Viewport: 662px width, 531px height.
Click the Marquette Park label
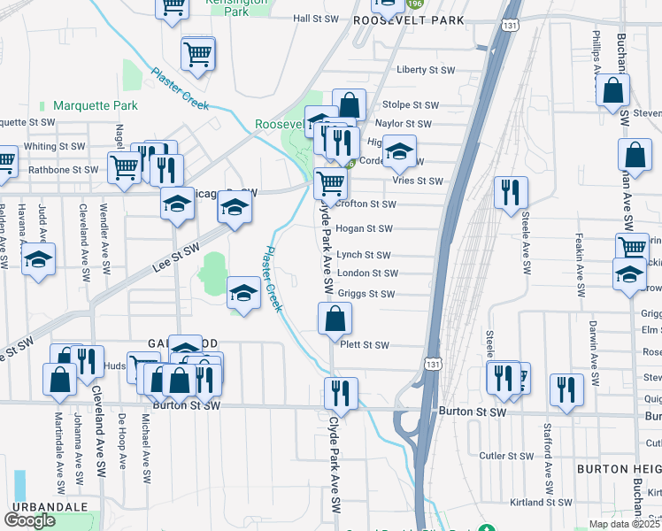tap(95, 105)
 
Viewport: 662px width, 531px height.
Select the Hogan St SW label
tap(364, 229)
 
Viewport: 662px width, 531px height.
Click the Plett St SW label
tap(364, 345)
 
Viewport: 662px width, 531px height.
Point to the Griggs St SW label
tap(366, 294)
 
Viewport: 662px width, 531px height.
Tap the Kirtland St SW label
tap(539, 502)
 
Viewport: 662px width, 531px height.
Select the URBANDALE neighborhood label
tap(50, 505)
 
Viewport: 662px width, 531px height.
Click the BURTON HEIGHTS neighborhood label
tap(619, 467)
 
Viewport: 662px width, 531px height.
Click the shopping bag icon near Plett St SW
tap(335, 320)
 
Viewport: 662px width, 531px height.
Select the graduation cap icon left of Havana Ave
tap(38, 260)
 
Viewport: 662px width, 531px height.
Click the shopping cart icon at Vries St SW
tap(331, 184)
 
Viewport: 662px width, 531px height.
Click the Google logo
tap(29, 520)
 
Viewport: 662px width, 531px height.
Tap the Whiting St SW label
tap(55, 146)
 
